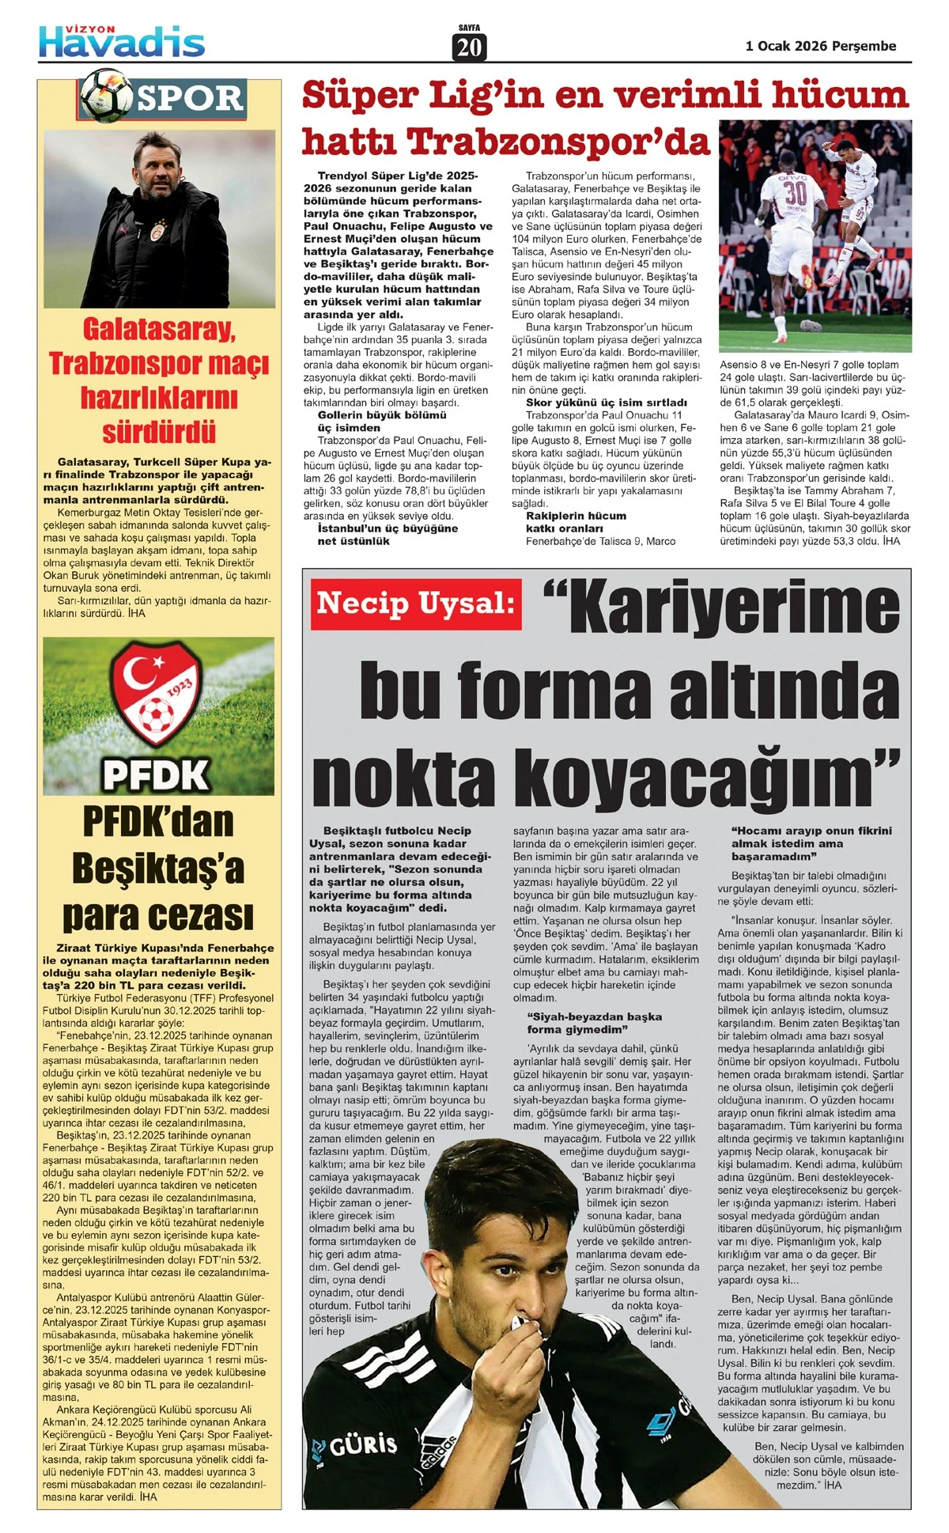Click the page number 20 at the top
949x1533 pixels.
(x=469, y=47)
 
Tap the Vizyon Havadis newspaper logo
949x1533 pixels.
(x=122, y=40)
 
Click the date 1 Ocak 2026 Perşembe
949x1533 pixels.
(x=821, y=46)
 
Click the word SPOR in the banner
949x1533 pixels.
(x=190, y=98)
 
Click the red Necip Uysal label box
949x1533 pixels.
(x=415, y=604)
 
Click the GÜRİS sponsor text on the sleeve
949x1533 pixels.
(x=363, y=1444)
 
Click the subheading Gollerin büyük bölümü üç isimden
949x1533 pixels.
(x=382, y=421)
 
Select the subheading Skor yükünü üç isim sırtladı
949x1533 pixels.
(x=606, y=403)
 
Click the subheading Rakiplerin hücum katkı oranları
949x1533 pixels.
(x=576, y=522)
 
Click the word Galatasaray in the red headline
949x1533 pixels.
(x=158, y=329)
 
